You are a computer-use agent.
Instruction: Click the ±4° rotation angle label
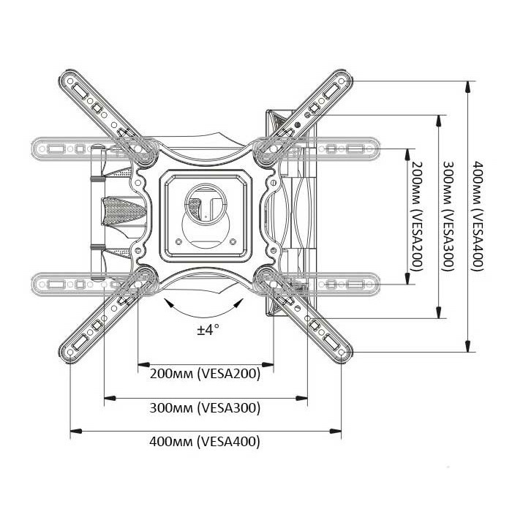(x=208, y=329)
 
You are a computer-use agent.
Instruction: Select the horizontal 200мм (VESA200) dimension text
(x=205, y=374)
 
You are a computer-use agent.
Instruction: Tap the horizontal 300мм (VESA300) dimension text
(x=205, y=408)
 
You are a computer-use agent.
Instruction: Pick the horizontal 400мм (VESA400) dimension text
(x=205, y=442)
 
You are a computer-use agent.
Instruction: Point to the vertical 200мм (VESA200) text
(x=416, y=217)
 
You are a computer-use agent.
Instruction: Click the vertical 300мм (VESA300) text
(x=448, y=217)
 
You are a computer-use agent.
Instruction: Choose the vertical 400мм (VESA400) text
(x=478, y=217)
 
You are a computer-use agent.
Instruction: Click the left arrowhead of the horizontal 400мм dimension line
(x=76, y=432)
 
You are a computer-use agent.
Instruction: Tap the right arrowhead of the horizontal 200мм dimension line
(x=268, y=364)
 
